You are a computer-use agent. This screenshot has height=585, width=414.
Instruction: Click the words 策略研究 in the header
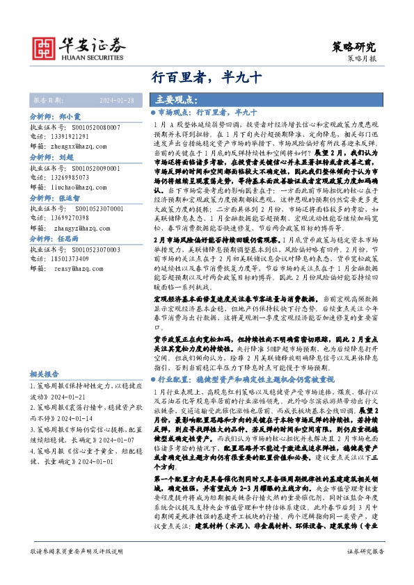click(x=355, y=47)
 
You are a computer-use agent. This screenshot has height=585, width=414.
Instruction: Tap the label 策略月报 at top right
click(x=361, y=60)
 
